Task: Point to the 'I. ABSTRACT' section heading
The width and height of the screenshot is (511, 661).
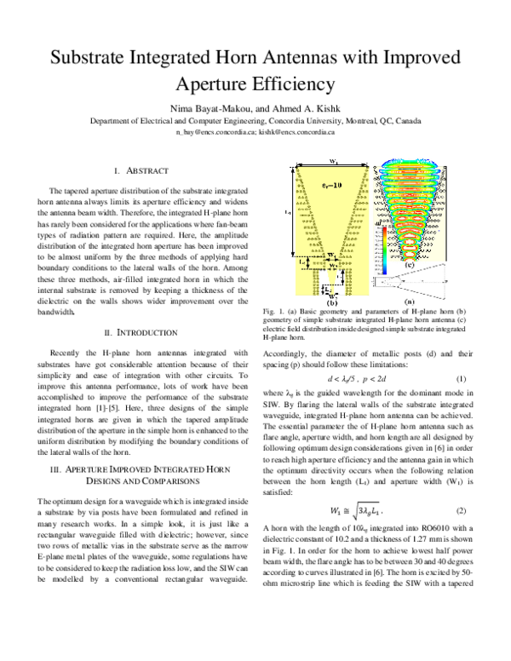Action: [146, 171]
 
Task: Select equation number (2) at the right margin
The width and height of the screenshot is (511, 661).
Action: [461, 511]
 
